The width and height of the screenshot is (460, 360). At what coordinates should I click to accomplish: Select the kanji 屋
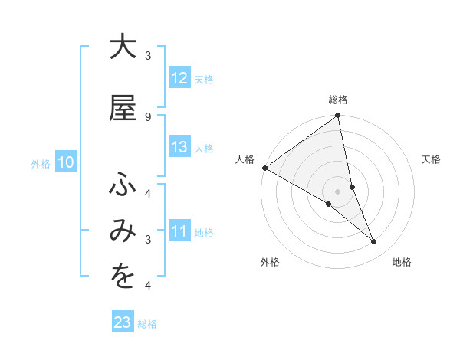(122, 108)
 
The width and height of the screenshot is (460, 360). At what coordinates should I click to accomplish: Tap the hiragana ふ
(122, 185)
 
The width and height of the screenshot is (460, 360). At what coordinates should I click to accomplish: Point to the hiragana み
(122, 232)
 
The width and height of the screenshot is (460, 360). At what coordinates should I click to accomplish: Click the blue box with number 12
(179, 78)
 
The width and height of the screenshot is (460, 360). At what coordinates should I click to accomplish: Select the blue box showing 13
(179, 148)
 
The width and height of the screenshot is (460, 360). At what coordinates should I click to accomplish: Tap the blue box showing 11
(179, 232)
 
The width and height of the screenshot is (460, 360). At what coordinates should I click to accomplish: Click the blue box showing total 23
(123, 323)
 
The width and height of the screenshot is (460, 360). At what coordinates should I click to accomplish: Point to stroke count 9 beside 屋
(147, 116)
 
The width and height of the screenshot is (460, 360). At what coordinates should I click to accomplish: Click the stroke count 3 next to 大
(147, 55)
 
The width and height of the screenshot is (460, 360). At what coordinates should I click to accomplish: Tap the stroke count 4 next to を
(147, 286)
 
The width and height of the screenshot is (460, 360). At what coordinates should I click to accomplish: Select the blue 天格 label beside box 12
(204, 79)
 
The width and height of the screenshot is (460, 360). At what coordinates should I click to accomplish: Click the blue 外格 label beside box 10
(41, 163)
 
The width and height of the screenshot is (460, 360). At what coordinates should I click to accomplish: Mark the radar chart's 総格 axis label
(338, 100)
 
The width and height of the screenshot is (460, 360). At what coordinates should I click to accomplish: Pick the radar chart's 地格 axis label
(402, 262)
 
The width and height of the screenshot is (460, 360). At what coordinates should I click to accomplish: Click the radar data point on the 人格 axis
(264, 168)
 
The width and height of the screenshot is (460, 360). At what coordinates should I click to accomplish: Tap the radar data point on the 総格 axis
(338, 116)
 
